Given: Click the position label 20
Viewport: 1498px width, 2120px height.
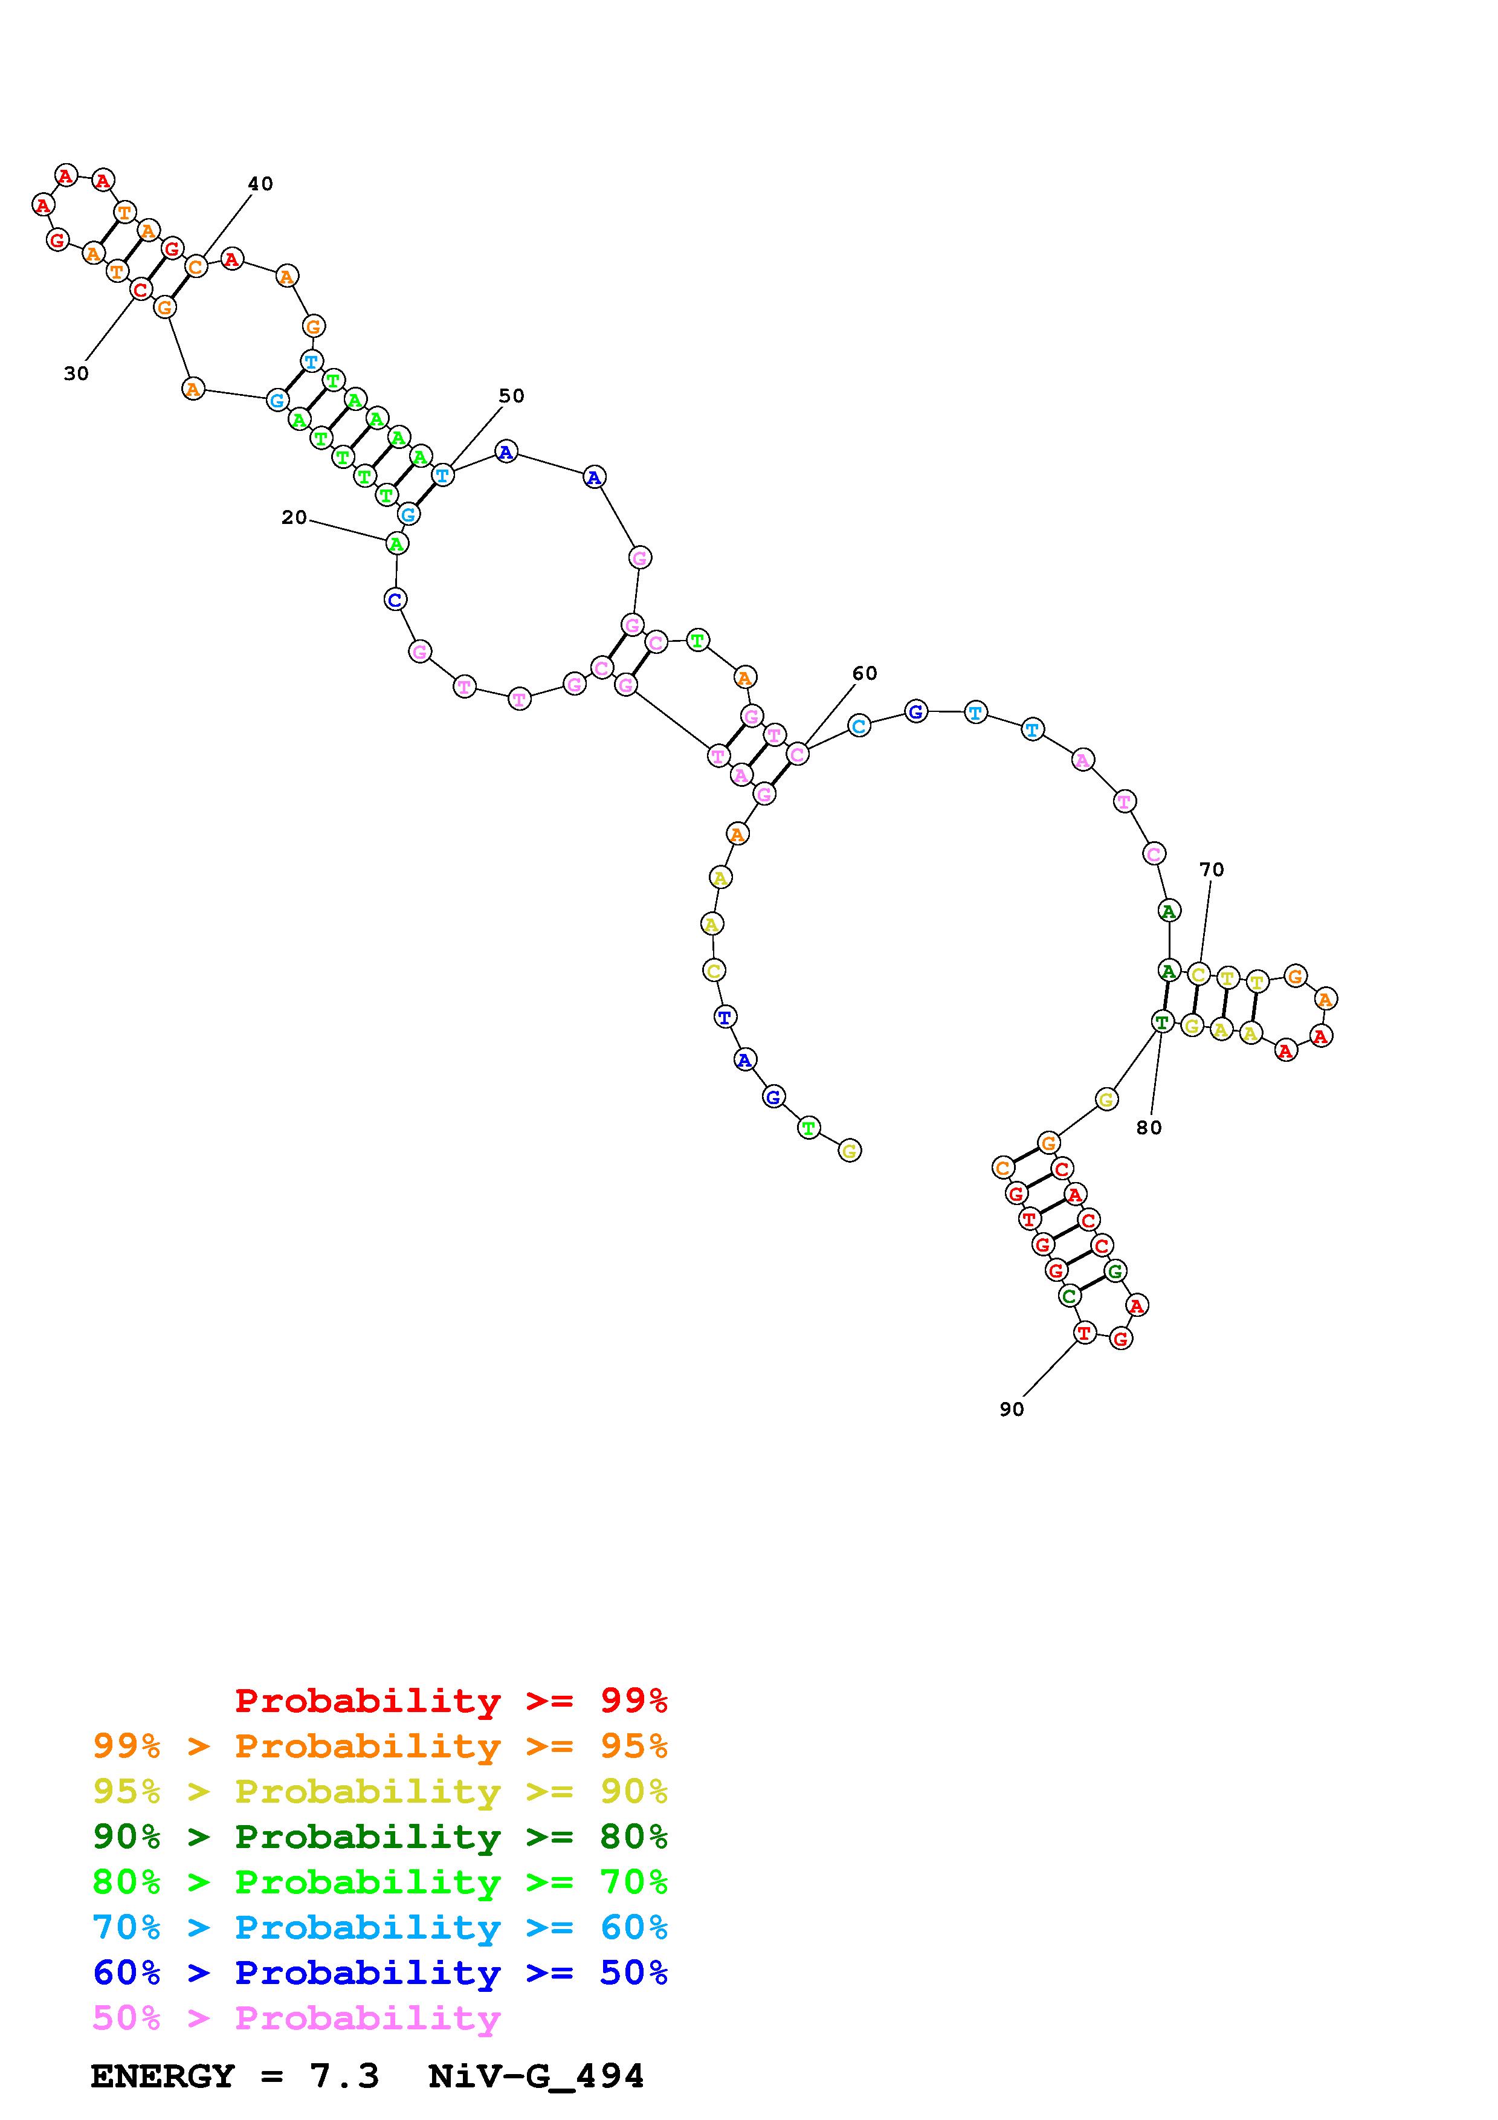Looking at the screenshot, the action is pyautogui.click(x=294, y=518).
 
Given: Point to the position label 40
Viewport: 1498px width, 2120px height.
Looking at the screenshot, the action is pyautogui.click(x=260, y=184).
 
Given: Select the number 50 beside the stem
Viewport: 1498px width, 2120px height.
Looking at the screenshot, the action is pyautogui.click(x=511, y=396).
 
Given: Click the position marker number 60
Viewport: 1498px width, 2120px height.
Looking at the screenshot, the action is pyautogui.click(x=865, y=674).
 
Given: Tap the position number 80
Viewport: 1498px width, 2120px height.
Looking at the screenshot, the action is pyautogui.click(x=1149, y=1128).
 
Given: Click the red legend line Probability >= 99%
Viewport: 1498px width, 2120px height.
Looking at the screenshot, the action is pyautogui.click(x=451, y=1701).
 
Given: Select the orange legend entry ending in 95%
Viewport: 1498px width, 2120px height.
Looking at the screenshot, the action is pyautogui.click(x=380, y=1746).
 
